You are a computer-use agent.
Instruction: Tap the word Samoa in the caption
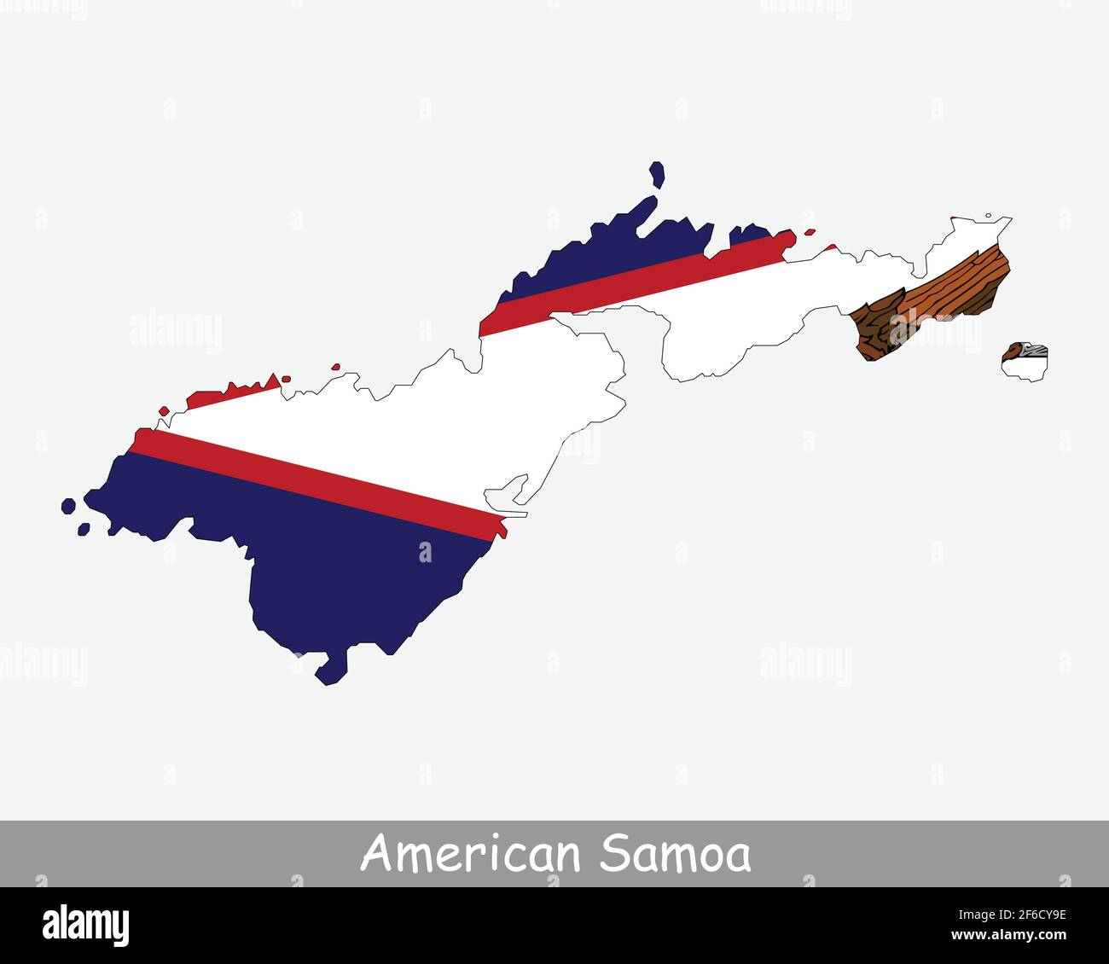(675, 854)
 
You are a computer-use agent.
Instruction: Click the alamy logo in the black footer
(86, 926)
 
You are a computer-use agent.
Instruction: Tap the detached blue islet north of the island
(657, 174)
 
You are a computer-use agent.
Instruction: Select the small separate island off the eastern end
(1024, 363)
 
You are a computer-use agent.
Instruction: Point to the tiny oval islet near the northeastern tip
(988, 216)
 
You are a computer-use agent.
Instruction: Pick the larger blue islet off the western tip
(68, 506)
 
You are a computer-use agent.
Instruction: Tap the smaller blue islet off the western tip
(84, 529)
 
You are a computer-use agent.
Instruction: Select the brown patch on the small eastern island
(1016, 351)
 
